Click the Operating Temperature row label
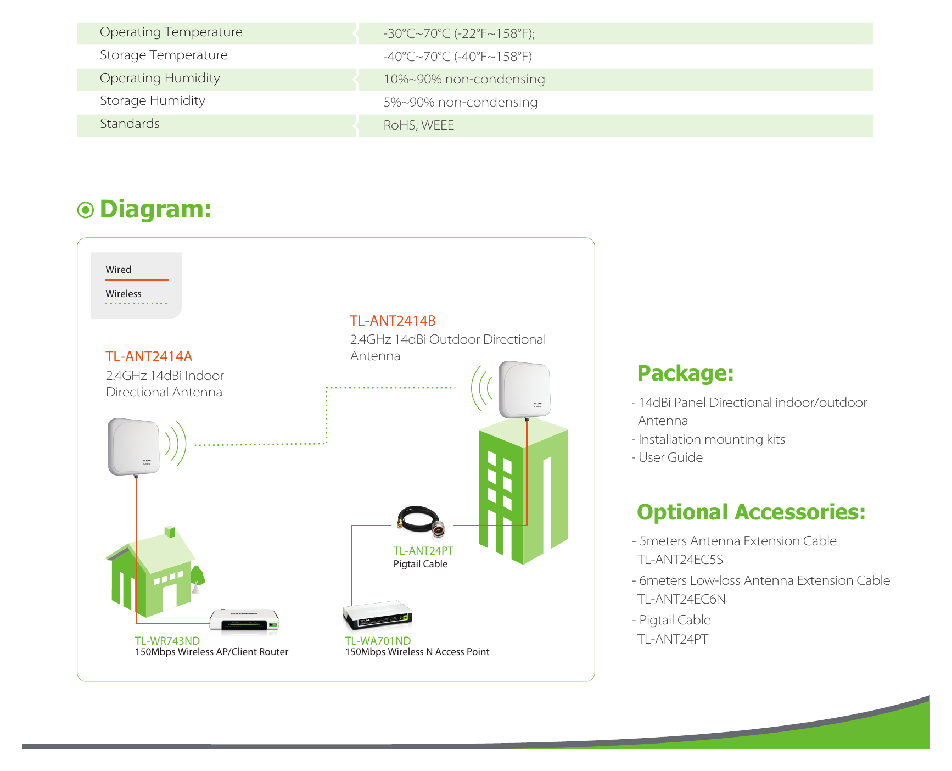[x=171, y=32]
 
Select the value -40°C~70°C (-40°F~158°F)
[x=457, y=57]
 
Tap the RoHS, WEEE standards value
[x=418, y=125]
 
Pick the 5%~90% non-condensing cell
[x=460, y=102]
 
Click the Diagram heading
[x=155, y=209]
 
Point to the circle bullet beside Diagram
[x=86, y=210]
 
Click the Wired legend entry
[x=118, y=270]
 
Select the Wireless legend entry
[x=124, y=294]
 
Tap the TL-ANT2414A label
[x=149, y=356]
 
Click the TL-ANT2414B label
[x=393, y=321]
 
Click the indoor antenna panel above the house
[x=134, y=446]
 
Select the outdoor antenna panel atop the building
[x=524, y=389]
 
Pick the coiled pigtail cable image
[x=421, y=521]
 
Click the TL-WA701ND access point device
[x=378, y=615]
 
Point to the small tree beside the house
[x=197, y=579]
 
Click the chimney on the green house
[x=170, y=532]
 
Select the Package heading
[x=685, y=373]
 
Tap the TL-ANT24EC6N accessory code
[x=681, y=599]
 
